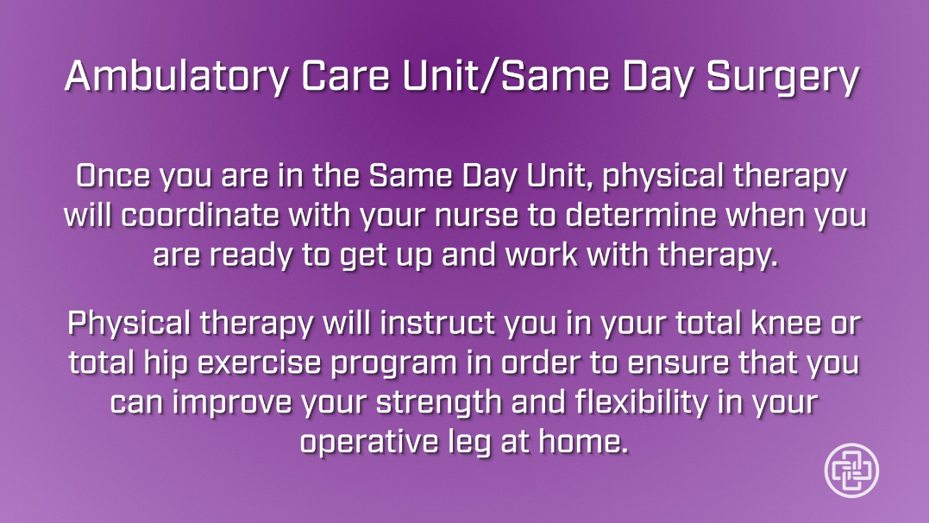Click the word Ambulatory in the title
coord(177,77)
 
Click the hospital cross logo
coord(851,470)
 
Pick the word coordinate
coord(200,215)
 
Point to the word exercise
coord(260,362)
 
